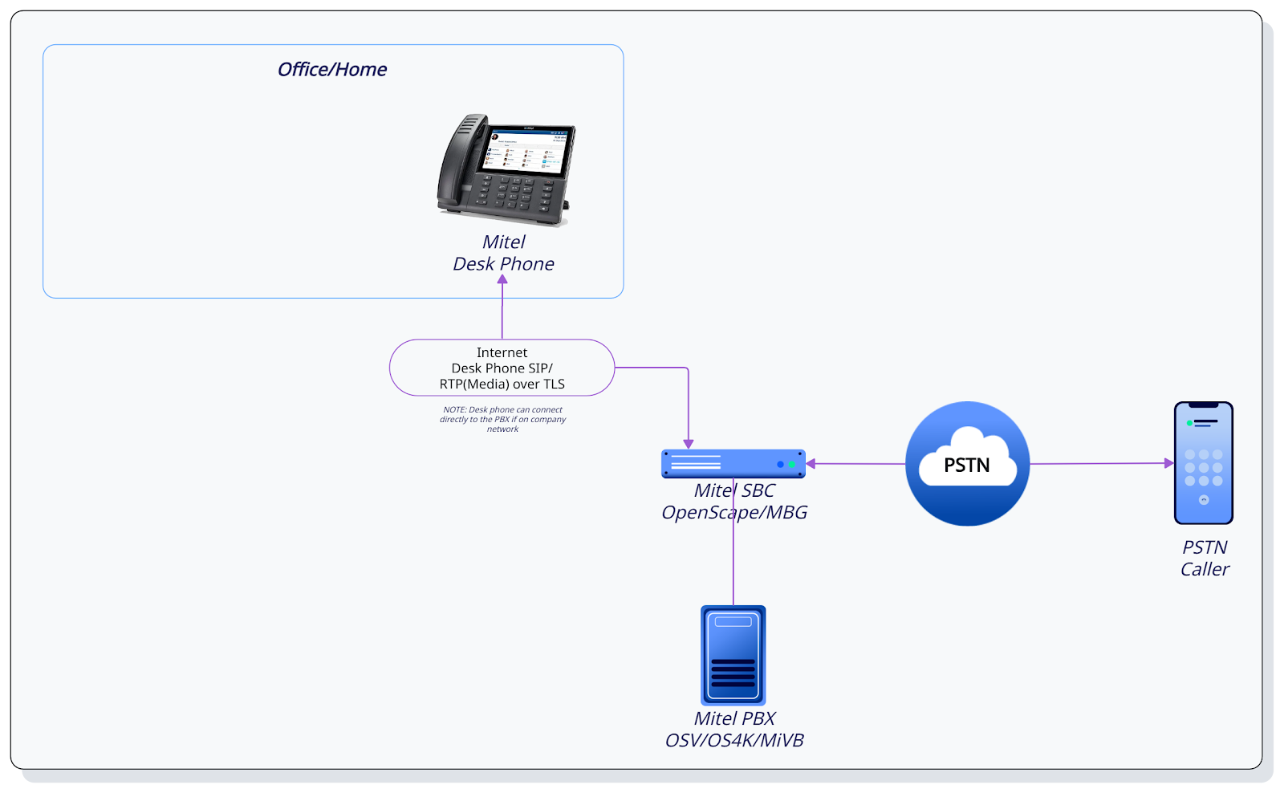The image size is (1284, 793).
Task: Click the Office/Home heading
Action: [332, 70]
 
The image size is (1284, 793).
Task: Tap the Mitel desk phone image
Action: [506, 169]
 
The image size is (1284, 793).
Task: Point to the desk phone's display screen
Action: [526, 150]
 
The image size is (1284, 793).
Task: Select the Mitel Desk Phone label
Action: [503, 253]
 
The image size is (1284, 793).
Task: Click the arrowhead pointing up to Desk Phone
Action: [502, 280]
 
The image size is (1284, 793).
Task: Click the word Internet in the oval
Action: [502, 352]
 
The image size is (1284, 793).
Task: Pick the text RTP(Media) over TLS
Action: [502, 384]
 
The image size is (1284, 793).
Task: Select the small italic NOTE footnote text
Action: [502, 419]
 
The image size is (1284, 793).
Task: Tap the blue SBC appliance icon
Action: [733, 464]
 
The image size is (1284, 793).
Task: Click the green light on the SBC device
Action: [792, 465]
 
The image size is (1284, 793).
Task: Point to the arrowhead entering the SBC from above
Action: [688, 444]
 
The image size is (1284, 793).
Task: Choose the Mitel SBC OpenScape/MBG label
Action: [734, 502]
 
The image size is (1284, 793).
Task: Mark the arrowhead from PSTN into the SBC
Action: [811, 464]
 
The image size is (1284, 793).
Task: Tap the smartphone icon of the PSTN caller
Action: [1203, 463]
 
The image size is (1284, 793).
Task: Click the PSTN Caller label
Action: [1205, 558]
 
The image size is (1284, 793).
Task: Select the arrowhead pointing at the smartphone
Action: [1168, 463]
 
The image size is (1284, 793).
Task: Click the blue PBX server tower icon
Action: [733, 655]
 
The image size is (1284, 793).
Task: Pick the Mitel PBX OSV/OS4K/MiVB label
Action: [734, 730]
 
